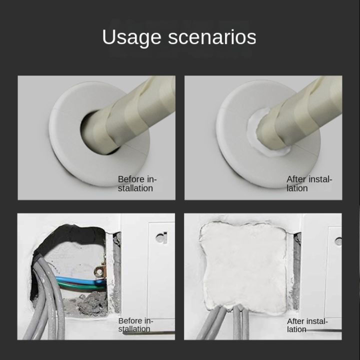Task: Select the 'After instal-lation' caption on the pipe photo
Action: click(309, 183)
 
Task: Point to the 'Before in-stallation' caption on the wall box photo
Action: click(135, 324)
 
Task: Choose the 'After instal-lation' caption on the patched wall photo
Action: click(307, 325)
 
